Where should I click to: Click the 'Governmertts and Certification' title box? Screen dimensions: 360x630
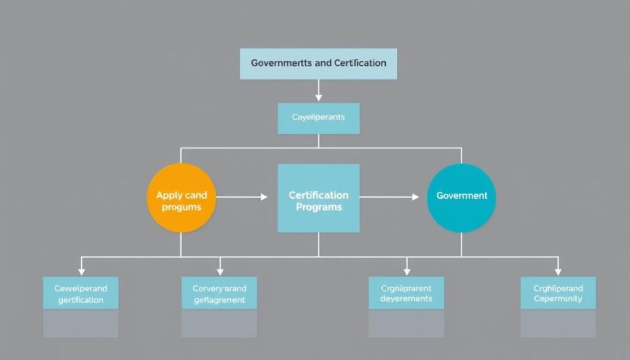point(318,63)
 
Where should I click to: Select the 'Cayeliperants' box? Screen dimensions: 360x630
point(318,117)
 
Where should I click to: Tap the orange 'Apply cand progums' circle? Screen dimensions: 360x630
point(181,198)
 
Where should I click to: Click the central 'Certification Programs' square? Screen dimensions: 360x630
point(318,198)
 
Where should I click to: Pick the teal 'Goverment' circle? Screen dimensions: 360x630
point(461,198)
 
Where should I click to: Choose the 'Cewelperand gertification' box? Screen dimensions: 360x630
point(81,294)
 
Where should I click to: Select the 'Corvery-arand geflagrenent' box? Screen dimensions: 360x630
point(219,294)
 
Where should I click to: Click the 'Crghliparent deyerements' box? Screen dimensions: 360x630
point(406,293)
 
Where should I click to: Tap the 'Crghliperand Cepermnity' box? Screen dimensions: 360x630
point(558,293)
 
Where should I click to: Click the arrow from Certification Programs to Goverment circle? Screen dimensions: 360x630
point(389,197)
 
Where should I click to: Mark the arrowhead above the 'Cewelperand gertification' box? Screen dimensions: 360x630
point(81,271)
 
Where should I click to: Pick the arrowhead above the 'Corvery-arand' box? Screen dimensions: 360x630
point(220,271)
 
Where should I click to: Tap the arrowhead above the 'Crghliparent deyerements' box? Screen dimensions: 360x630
point(406,271)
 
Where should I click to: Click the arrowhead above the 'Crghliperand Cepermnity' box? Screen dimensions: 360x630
point(558,271)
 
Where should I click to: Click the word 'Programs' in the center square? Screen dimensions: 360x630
point(319,207)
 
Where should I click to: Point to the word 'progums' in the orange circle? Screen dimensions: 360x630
point(181,207)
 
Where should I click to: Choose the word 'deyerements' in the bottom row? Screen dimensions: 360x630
point(406,299)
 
